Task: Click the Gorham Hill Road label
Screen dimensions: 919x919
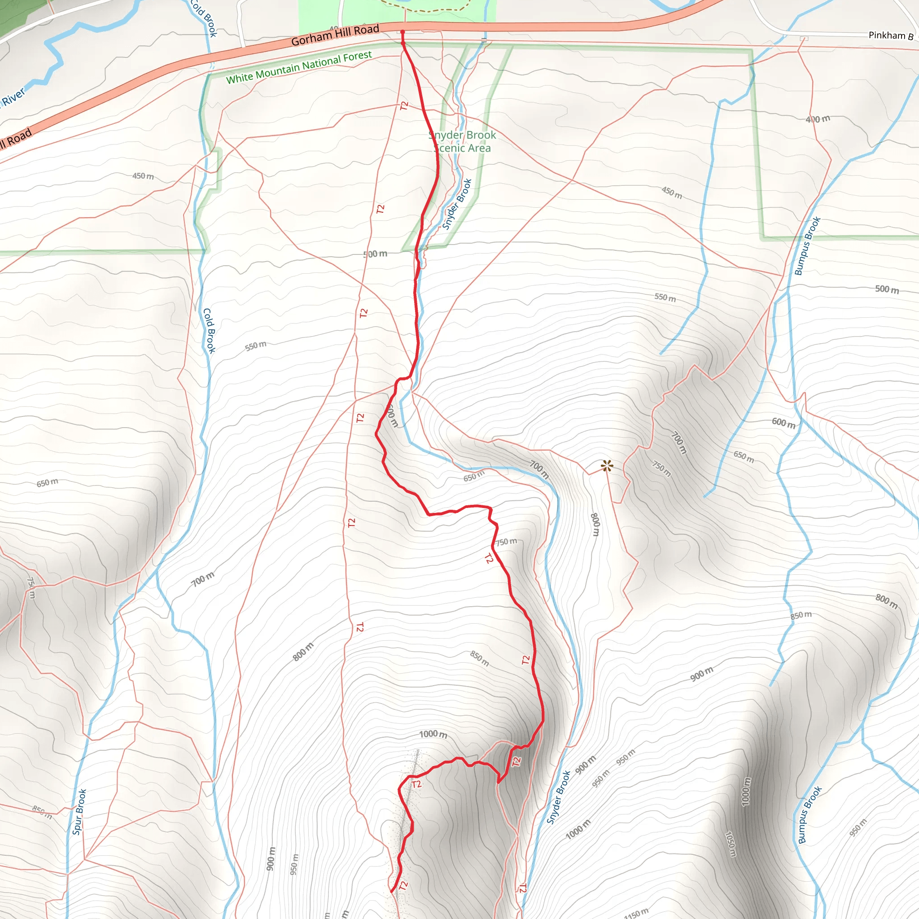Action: point(335,35)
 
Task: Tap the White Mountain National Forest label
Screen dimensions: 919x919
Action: point(299,67)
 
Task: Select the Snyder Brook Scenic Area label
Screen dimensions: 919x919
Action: point(462,141)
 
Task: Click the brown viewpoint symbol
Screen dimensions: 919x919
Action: point(607,466)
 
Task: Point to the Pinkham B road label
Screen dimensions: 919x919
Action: point(890,36)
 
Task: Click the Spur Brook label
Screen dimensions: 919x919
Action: point(79,811)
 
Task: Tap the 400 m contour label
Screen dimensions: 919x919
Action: point(818,119)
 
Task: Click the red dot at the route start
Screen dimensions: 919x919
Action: point(403,32)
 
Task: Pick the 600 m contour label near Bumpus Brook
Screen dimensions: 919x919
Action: point(783,423)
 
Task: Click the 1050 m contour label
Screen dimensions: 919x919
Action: point(731,845)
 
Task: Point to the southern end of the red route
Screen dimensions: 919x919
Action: point(391,892)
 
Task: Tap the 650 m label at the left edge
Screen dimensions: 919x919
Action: point(48,483)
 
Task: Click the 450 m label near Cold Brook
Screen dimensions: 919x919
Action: point(143,176)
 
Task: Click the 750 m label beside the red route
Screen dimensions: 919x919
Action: point(506,542)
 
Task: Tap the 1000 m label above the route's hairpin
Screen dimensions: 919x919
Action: point(433,735)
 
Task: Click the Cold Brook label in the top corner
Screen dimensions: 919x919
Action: point(204,18)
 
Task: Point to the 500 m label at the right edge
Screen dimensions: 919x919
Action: point(887,289)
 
